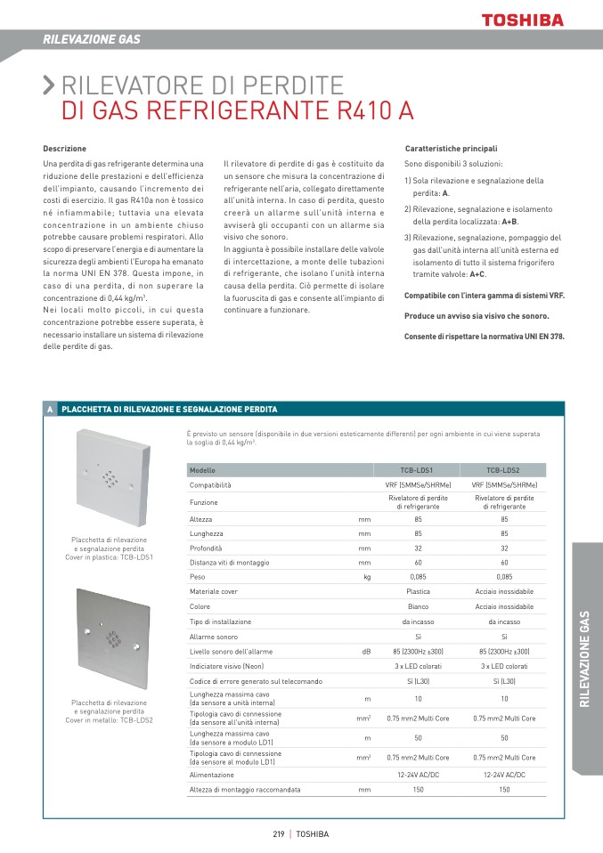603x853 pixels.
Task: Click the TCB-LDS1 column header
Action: [418, 469]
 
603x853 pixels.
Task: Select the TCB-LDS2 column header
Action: [504, 469]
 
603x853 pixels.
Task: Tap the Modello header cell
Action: [203, 469]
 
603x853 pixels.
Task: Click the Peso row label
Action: [198, 577]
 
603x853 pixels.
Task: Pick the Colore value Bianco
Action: [418, 606]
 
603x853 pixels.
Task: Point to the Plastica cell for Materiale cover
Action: [418, 591]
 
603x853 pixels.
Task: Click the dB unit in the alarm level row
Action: [366, 652]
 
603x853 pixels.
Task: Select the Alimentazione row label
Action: [212, 775]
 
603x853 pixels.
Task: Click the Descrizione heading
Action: [65, 148]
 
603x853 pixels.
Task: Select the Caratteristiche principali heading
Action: [451, 148]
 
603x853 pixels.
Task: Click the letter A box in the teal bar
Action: [51, 409]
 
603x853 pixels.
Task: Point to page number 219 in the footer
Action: [278, 834]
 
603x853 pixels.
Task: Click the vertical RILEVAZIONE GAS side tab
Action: [585, 658]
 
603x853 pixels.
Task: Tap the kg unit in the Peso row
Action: [367, 577]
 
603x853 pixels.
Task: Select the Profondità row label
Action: [206, 548]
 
